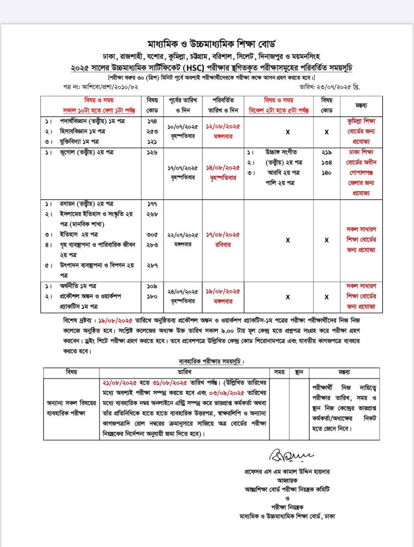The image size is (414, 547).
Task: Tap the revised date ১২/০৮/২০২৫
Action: (x=223, y=127)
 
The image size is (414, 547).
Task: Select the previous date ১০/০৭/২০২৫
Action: (x=183, y=127)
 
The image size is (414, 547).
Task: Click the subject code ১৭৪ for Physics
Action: (x=152, y=121)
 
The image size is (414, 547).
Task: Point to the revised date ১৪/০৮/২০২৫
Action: (x=223, y=168)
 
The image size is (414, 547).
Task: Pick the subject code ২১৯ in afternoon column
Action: (x=326, y=152)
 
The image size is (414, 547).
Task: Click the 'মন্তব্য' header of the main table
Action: (x=361, y=106)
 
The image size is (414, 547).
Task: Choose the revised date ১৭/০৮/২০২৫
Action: (x=223, y=235)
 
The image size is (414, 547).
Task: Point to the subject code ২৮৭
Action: (x=152, y=265)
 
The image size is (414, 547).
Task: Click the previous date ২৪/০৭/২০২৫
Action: (x=183, y=292)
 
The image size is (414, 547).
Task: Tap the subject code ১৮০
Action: (x=152, y=296)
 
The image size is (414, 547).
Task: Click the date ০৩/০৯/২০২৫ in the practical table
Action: (x=226, y=393)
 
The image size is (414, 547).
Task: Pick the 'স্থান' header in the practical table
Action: (x=299, y=372)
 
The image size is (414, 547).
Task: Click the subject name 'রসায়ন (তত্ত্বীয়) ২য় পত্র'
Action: (x=87, y=204)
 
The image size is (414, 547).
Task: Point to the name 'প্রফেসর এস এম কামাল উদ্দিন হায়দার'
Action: (x=287, y=472)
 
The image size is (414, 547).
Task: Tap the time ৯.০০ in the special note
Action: (x=227, y=331)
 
